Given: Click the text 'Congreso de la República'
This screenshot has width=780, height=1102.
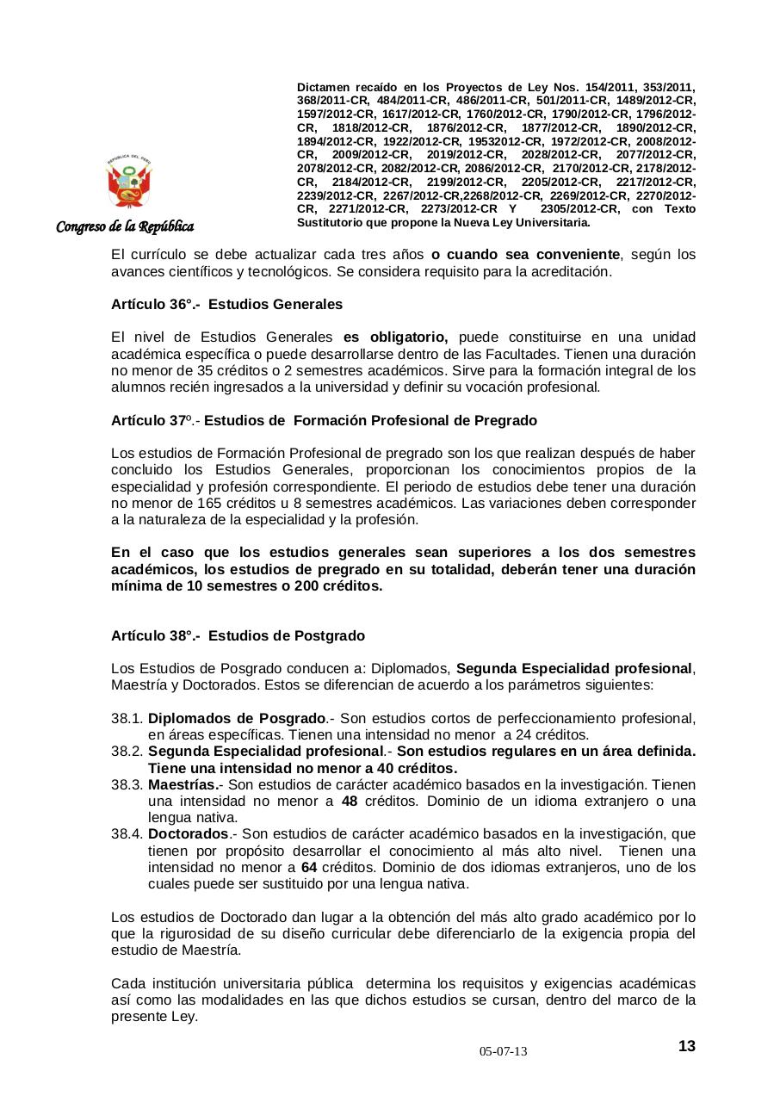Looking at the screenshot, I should tap(125, 227).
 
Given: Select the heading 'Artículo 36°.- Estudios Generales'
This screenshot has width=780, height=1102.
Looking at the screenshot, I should tap(226, 304).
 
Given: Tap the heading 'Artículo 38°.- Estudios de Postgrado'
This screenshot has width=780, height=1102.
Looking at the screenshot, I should tap(238, 635).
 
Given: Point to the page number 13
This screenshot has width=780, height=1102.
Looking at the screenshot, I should tap(686, 1046).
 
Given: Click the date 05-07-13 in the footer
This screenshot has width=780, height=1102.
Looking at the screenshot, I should tap(504, 1052).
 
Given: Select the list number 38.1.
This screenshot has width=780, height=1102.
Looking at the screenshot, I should tap(127, 718).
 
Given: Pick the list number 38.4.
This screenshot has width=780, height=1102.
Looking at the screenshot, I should tap(127, 833).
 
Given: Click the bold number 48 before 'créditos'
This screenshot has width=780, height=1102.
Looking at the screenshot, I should tap(350, 801).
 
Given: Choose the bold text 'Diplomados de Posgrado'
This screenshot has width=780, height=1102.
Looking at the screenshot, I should tap(237, 718).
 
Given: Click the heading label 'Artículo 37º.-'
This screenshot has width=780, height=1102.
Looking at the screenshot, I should tap(155, 420).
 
